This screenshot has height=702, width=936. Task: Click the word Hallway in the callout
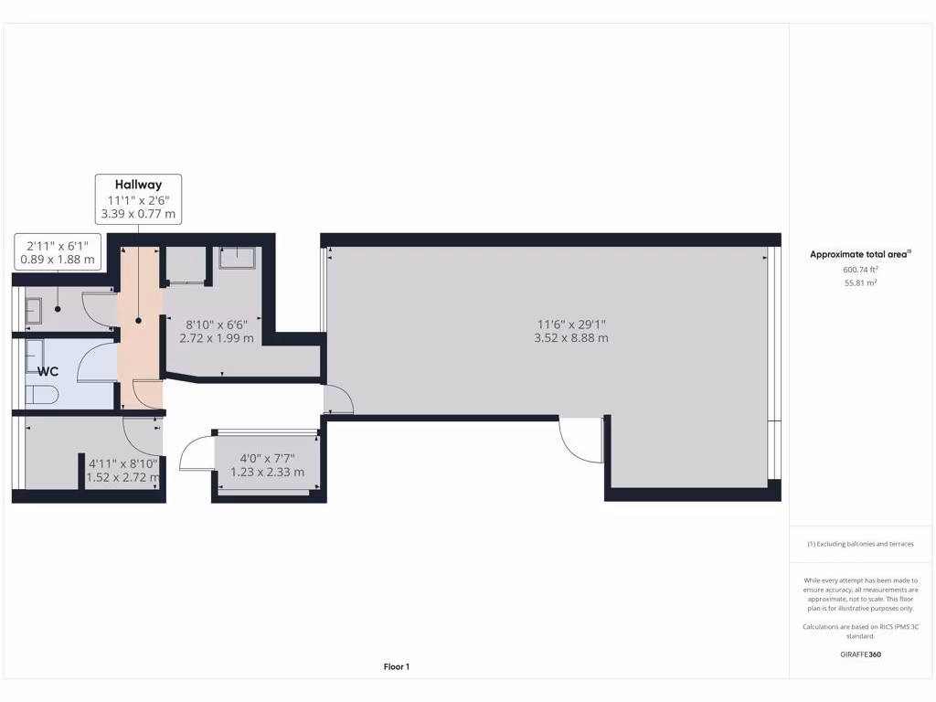click(x=138, y=185)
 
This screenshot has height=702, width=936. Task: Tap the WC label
click(x=48, y=372)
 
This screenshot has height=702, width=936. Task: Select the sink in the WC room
click(x=35, y=353)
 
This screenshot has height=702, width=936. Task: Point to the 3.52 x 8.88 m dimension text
click(x=571, y=338)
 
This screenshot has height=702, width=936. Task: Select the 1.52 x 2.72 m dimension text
click(x=123, y=477)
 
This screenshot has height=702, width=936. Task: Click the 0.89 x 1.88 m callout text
click(x=58, y=260)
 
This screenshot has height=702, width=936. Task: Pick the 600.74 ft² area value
click(x=860, y=270)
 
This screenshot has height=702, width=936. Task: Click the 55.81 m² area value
click(x=860, y=283)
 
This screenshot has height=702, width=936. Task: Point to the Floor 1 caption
click(x=396, y=667)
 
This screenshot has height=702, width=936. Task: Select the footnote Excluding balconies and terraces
click(x=860, y=544)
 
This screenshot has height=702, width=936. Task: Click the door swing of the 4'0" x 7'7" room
click(x=197, y=453)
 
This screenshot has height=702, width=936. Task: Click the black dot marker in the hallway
click(x=139, y=321)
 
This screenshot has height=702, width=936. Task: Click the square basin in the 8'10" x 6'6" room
click(x=239, y=258)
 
